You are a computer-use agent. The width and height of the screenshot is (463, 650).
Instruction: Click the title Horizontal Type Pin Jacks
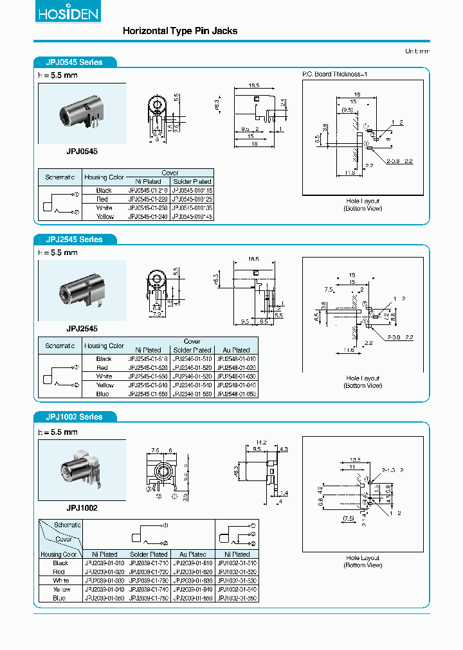coord(179,31)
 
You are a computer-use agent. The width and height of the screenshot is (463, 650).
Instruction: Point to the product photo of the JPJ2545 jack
coord(82,291)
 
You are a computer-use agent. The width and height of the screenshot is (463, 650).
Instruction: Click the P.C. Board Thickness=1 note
coord(334,75)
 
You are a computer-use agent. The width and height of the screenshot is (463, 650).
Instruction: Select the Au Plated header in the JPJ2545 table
coord(236,350)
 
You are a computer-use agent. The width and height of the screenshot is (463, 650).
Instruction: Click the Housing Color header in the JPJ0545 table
coord(104,177)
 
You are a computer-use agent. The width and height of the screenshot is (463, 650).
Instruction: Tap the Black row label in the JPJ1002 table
coord(60,563)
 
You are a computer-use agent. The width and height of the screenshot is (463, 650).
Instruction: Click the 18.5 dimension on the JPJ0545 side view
coord(253,85)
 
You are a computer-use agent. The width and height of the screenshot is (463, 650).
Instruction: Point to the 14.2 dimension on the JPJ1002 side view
coord(260,443)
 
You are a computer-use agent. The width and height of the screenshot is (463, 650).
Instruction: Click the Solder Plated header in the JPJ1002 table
coord(149,554)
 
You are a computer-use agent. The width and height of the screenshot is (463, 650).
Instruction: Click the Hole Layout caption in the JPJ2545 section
coord(363,378)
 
